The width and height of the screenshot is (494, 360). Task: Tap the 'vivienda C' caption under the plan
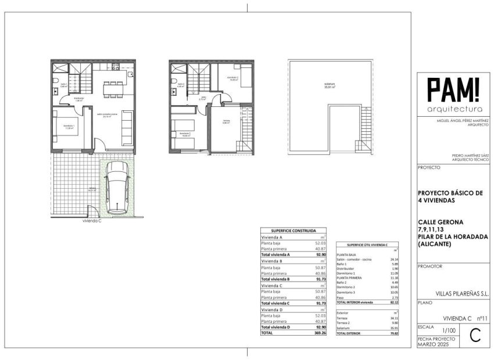pos(92,221)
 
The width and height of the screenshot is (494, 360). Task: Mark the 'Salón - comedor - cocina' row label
pos(353,259)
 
